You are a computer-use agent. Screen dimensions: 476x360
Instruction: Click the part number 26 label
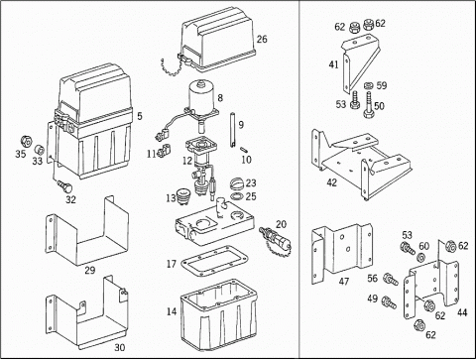(262, 39)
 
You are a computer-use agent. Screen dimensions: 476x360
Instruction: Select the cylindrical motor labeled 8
(201, 96)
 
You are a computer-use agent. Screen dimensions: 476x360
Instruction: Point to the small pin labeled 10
(244, 149)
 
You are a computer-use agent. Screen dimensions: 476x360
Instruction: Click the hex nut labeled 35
(26, 142)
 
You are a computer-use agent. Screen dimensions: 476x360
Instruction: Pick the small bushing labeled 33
(40, 149)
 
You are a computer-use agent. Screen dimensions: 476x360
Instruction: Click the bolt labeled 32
(65, 186)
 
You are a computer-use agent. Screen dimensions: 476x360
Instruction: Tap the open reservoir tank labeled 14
(218, 314)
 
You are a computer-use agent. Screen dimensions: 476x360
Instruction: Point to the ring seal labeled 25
(237, 196)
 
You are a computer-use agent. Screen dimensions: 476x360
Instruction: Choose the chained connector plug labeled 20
(276, 239)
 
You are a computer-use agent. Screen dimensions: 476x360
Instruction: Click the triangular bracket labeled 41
(360, 62)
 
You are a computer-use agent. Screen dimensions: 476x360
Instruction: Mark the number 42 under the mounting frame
(331, 182)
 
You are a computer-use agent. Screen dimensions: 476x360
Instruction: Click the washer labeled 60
(421, 257)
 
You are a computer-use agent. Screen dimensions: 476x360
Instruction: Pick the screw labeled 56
(391, 279)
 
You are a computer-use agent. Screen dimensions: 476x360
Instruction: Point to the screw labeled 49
(389, 302)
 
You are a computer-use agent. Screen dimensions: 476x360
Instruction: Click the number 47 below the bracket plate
(344, 282)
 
